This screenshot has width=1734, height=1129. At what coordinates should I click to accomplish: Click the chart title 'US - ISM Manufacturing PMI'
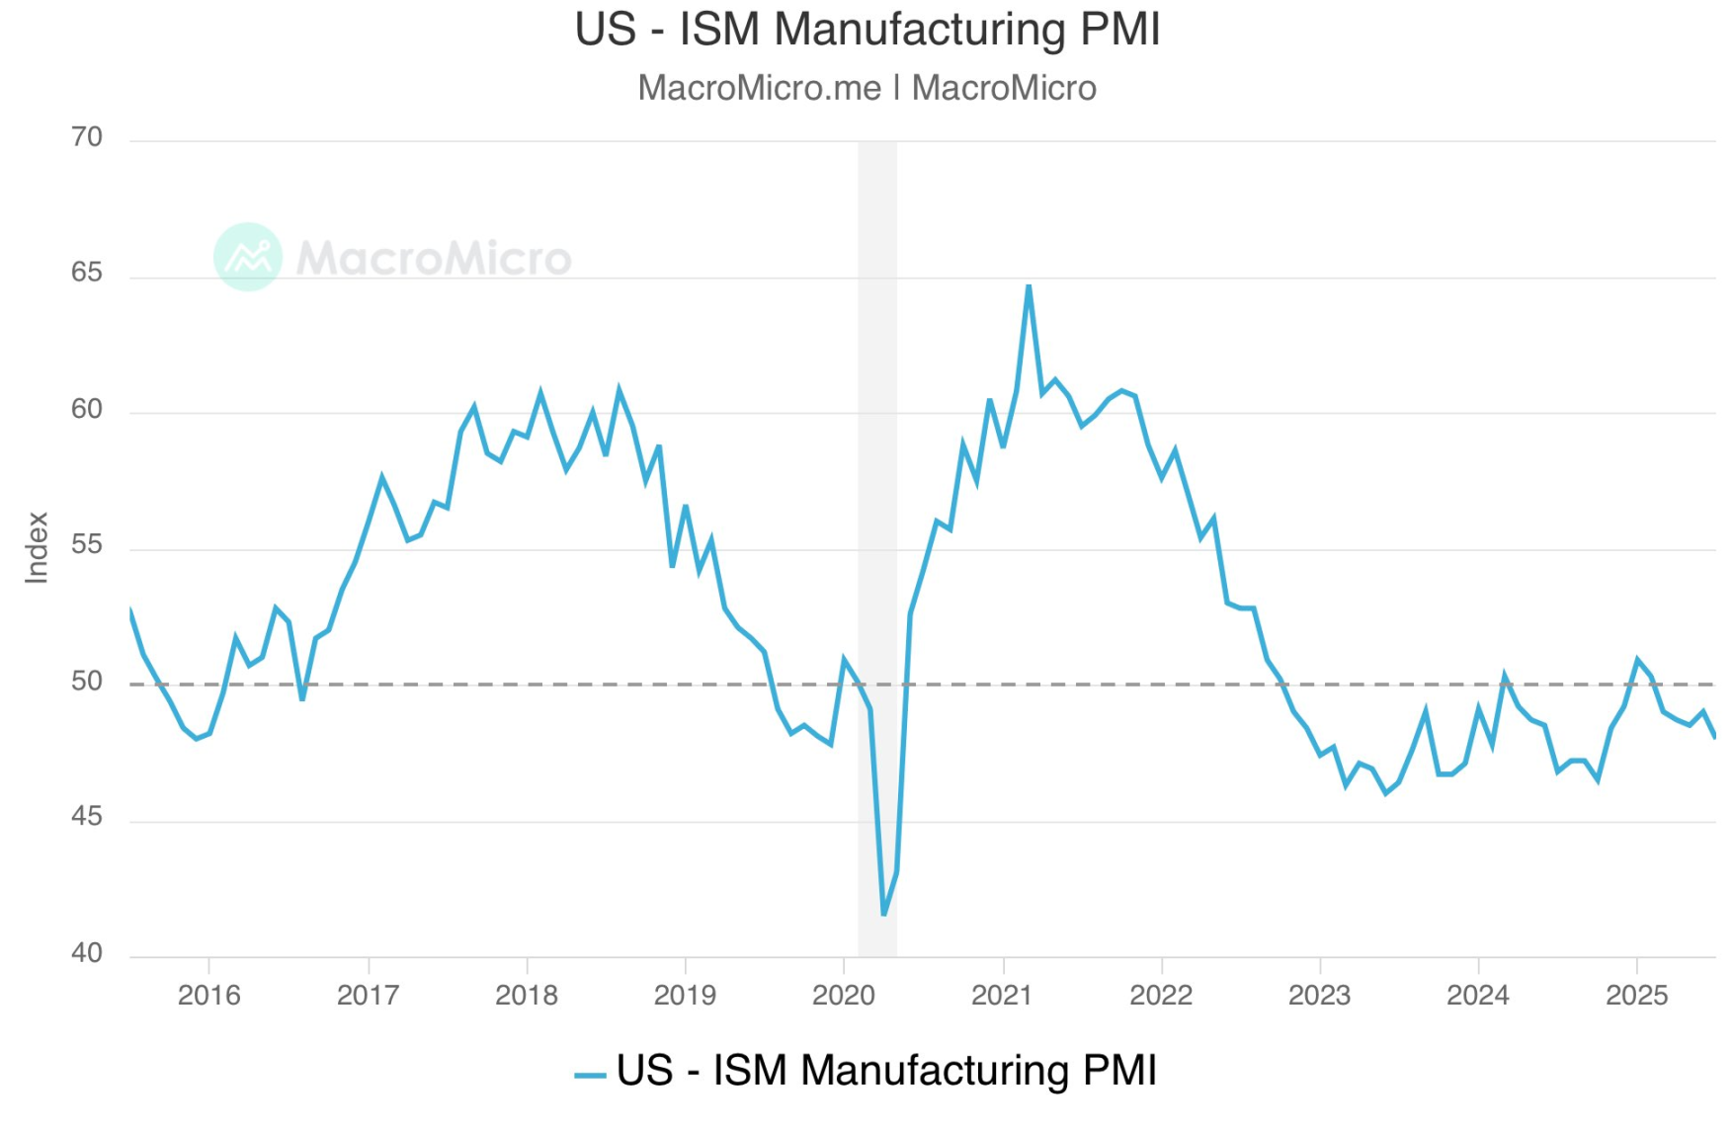(x=867, y=30)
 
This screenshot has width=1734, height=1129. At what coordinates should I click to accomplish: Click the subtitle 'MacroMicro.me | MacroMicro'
(x=867, y=88)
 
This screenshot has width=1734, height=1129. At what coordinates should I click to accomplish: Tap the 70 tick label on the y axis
(x=87, y=137)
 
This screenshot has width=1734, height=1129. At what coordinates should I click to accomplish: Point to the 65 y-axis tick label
(x=87, y=273)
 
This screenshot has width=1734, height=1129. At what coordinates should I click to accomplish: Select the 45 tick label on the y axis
(x=87, y=817)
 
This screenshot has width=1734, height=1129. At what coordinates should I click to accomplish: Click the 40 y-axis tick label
(x=87, y=953)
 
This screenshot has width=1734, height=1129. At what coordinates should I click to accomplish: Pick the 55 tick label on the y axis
(x=87, y=545)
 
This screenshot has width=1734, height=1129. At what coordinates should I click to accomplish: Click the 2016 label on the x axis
(x=208, y=995)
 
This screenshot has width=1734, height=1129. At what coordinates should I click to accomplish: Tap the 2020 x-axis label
(x=843, y=995)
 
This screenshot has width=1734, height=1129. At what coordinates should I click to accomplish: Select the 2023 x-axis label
(x=1319, y=995)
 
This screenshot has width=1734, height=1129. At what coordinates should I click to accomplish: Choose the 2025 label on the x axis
(x=1636, y=995)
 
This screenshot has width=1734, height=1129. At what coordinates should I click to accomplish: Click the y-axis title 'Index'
(x=37, y=547)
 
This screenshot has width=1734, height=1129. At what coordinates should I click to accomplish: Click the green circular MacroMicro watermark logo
(x=247, y=257)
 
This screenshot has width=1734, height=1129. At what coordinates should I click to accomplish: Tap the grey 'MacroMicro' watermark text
(x=434, y=259)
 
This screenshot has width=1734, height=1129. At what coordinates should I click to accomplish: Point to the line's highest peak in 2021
(x=1029, y=286)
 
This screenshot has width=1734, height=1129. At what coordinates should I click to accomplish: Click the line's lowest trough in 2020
(x=883, y=914)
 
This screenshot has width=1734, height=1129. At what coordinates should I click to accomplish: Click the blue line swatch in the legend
(x=590, y=1075)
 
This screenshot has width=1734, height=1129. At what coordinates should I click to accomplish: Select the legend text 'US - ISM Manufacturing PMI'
(x=886, y=1071)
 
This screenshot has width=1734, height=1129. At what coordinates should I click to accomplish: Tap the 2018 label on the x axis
(x=526, y=995)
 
